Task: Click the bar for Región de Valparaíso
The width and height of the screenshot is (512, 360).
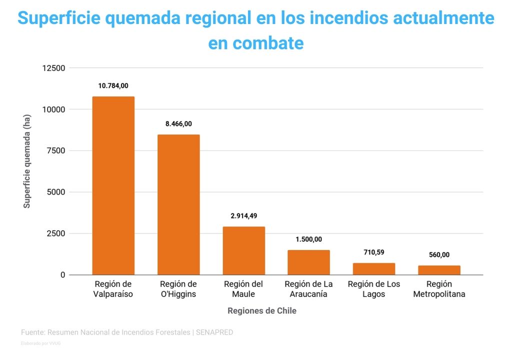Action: coord(113,185)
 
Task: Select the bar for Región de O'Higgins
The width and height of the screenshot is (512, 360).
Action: coord(178,204)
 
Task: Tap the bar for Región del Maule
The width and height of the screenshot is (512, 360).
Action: coord(244,250)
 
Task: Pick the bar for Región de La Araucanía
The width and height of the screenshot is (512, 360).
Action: coord(308,262)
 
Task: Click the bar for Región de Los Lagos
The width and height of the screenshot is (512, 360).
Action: coord(374,269)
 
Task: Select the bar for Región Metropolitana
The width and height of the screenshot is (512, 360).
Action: coord(439,270)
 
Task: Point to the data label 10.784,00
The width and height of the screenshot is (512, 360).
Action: coord(113,86)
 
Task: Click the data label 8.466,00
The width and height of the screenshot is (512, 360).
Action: coord(178,124)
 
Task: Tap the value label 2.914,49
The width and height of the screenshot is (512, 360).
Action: coord(244,216)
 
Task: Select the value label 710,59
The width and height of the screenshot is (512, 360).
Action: coord(374,252)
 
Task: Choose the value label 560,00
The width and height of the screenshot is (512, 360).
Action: coord(439,255)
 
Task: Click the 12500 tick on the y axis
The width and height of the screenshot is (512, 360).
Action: coord(53,68)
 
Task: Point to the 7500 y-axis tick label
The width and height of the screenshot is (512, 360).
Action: coord(55,151)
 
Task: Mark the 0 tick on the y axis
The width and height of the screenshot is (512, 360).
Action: coord(62,275)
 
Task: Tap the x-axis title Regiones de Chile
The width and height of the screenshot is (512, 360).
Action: coord(262,311)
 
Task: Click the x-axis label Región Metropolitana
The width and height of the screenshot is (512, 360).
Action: coord(439,289)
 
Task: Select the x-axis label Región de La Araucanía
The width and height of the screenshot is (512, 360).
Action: coord(308,289)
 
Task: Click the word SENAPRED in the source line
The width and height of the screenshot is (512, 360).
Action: coord(214,332)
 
